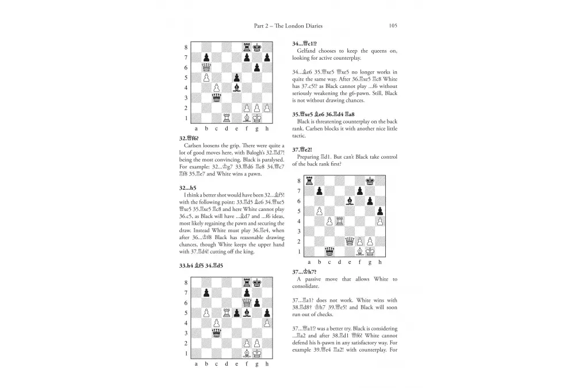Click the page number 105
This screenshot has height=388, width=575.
point(393,25)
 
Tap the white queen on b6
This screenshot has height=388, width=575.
point(206,67)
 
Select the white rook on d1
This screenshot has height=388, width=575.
point(227,118)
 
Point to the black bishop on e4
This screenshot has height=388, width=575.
point(236,87)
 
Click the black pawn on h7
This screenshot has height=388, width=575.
point(267,57)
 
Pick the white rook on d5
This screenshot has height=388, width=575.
point(227,313)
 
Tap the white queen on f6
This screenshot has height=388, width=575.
point(247,302)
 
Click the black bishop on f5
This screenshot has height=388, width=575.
point(247,313)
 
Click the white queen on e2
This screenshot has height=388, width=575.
point(348,241)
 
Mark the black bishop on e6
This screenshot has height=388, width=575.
point(348,201)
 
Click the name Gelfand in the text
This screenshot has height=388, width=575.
point(310,51)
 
